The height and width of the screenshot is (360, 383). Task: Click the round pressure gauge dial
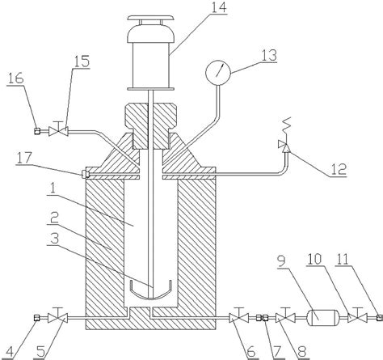[218, 73]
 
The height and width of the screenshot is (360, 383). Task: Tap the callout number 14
[219, 7]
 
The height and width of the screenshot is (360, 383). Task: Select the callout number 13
[268, 55]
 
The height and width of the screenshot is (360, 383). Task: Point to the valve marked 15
[58, 132]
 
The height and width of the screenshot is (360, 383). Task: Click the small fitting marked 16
[37, 131]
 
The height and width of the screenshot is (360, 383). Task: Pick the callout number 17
[24, 159]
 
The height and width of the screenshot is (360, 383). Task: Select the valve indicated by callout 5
[57, 318]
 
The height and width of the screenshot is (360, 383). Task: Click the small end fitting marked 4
[37, 318]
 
